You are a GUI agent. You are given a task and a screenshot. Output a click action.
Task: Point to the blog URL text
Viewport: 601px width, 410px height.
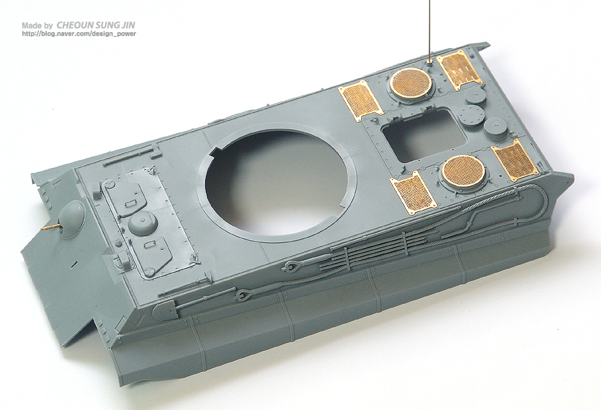tap(79, 34)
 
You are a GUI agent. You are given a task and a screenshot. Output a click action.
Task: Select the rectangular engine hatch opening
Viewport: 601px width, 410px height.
tap(424, 135)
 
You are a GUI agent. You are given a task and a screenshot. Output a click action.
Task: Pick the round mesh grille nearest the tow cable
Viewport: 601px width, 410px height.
tap(463, 170)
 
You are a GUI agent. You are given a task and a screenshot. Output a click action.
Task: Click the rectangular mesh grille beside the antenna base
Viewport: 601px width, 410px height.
tap(459, 69)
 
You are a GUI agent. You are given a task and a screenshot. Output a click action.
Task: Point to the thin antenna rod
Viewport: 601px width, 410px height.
tap(429, 29)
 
